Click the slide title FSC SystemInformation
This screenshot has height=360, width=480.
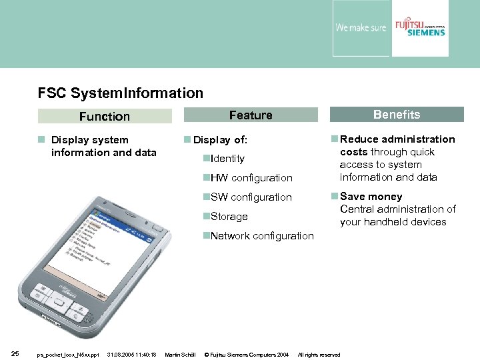point(121,93)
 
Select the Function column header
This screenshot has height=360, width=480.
point(105,116)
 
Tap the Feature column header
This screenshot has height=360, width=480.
point(251,115)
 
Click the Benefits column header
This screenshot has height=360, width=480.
point(397,115)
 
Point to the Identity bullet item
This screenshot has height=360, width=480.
point(227,159)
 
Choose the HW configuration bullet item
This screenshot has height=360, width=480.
point(251,178)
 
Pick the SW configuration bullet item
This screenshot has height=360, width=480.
point(251,197)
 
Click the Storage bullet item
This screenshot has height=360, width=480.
point(229,217)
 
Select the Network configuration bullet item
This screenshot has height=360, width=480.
point(261,236)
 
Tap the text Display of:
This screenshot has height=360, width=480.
point(220,140)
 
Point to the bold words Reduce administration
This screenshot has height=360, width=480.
point(397,139)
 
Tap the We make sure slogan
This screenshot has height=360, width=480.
point(360,28)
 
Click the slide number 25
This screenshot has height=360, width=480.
point(15,354)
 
